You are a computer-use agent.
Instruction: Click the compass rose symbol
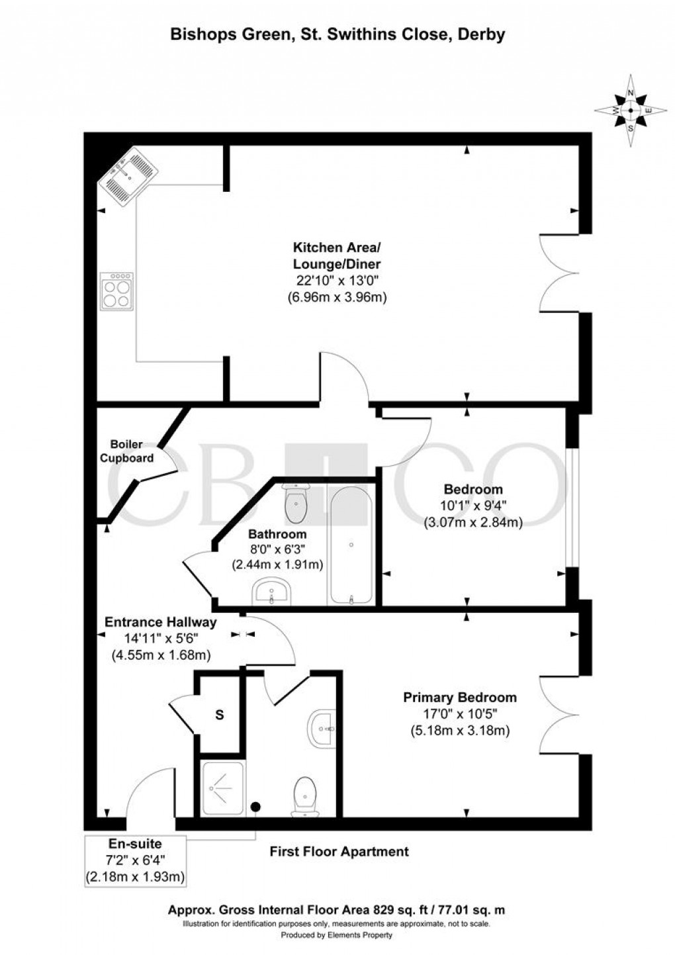[x=631, y=111]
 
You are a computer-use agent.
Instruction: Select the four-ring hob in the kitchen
[x=116, y=291]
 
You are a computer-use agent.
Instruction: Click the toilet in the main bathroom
[x=295, y=504]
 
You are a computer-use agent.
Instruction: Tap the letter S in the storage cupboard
[x=219, y=715]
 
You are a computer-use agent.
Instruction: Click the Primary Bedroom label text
[x=460, y=698]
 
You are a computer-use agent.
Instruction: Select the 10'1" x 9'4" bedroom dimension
[x=473, y=506]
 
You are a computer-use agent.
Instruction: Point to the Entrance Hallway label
[x=161, y=622]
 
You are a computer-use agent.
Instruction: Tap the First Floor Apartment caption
[x=339, y=851]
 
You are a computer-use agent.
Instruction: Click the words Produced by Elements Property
[x=337, y=935]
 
